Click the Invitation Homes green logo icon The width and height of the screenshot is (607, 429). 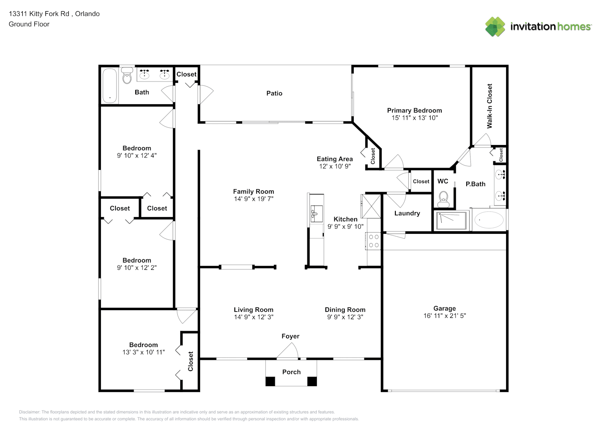coord(495,27)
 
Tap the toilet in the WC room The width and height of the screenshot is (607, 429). coord(443,199)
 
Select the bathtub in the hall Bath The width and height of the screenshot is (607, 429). coord(110,85)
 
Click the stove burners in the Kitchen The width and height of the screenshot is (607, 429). coord(373,241)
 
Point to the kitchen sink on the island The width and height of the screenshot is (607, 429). coord(316,214)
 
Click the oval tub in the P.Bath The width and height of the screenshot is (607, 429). coord(489,220)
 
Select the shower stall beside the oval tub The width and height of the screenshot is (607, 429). coord(452,221)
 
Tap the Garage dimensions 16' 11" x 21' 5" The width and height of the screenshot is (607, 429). coord(445,315)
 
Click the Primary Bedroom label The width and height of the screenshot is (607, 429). coord(414,110)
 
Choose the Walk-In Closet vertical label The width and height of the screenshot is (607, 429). coord(489,106)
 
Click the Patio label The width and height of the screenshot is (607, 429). coord(274,93)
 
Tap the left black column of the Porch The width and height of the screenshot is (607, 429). coord(270,381)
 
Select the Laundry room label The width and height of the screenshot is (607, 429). coord(407,213)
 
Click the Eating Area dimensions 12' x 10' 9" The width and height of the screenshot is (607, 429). coord(335,166)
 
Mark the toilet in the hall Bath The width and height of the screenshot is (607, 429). coord(127,76)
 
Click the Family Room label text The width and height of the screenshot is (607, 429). coord(254,191)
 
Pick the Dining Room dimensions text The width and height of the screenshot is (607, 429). coord(345,317)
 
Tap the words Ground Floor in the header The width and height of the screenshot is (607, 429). coord(29,24)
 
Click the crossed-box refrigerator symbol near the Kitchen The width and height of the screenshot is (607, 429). coord(371,206)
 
